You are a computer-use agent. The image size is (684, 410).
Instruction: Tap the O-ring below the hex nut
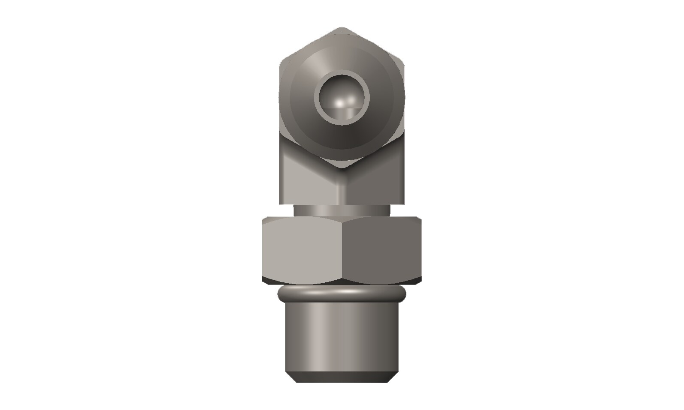pos(342,294)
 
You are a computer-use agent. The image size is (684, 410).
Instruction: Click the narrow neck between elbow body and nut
pos(342,210)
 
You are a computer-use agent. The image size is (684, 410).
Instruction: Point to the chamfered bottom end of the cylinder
pos(342,378)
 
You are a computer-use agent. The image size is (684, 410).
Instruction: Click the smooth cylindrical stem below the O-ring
pos(342,338)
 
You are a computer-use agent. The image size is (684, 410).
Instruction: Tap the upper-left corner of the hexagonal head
pos(281,63)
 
